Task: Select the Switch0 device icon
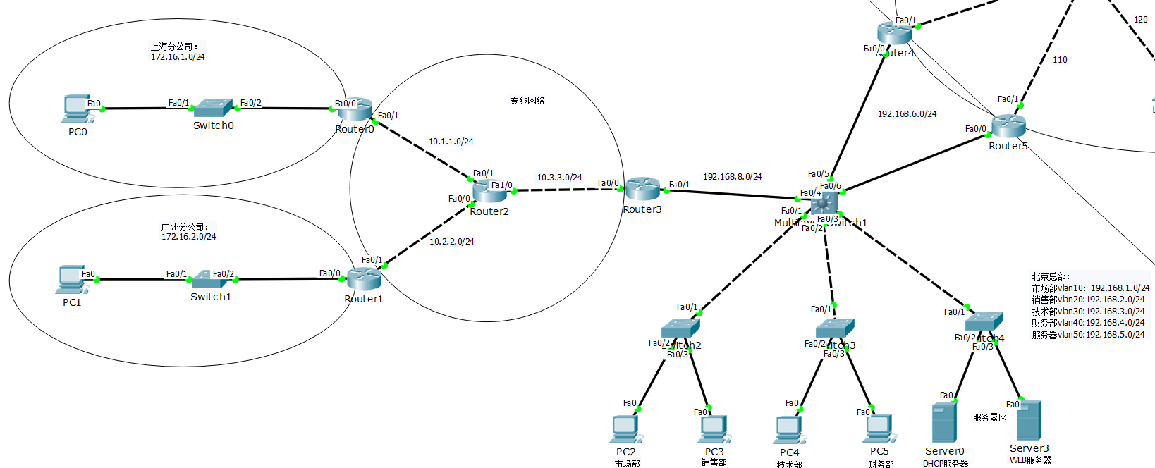(x=213, y=108)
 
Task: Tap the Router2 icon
(x=489, y=191)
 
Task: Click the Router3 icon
(x=642, y=189)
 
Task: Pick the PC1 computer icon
(x=73, y=280)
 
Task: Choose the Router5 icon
(x=1008, y=127)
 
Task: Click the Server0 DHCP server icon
(x=944, y=423)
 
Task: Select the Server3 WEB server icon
(x=1029, y=421)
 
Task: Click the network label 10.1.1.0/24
(x=451, y=142)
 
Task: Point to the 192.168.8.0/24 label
(x=732, y=177)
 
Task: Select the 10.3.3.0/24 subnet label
(x=560, y=178)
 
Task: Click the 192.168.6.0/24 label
(x=907, y=114)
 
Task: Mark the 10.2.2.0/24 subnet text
(x=452, y=242)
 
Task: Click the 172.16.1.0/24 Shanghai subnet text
(x=178, y=57)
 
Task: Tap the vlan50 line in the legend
(x=1088, y=335)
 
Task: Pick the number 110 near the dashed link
(x=1060, y=60)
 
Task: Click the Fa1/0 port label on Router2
(x=502, y=185)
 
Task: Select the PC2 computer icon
(x=626, y=429)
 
